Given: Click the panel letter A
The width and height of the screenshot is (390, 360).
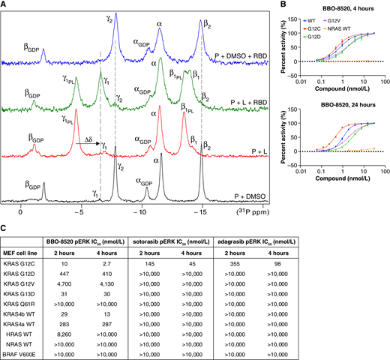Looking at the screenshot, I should pos(4,5).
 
